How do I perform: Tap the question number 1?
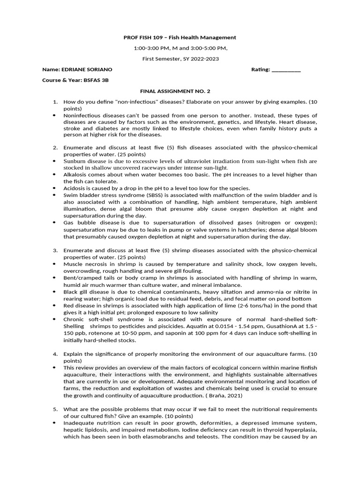tap(55, 102)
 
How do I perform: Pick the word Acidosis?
tap(75, 188)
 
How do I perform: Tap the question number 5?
tap(55, 409)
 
